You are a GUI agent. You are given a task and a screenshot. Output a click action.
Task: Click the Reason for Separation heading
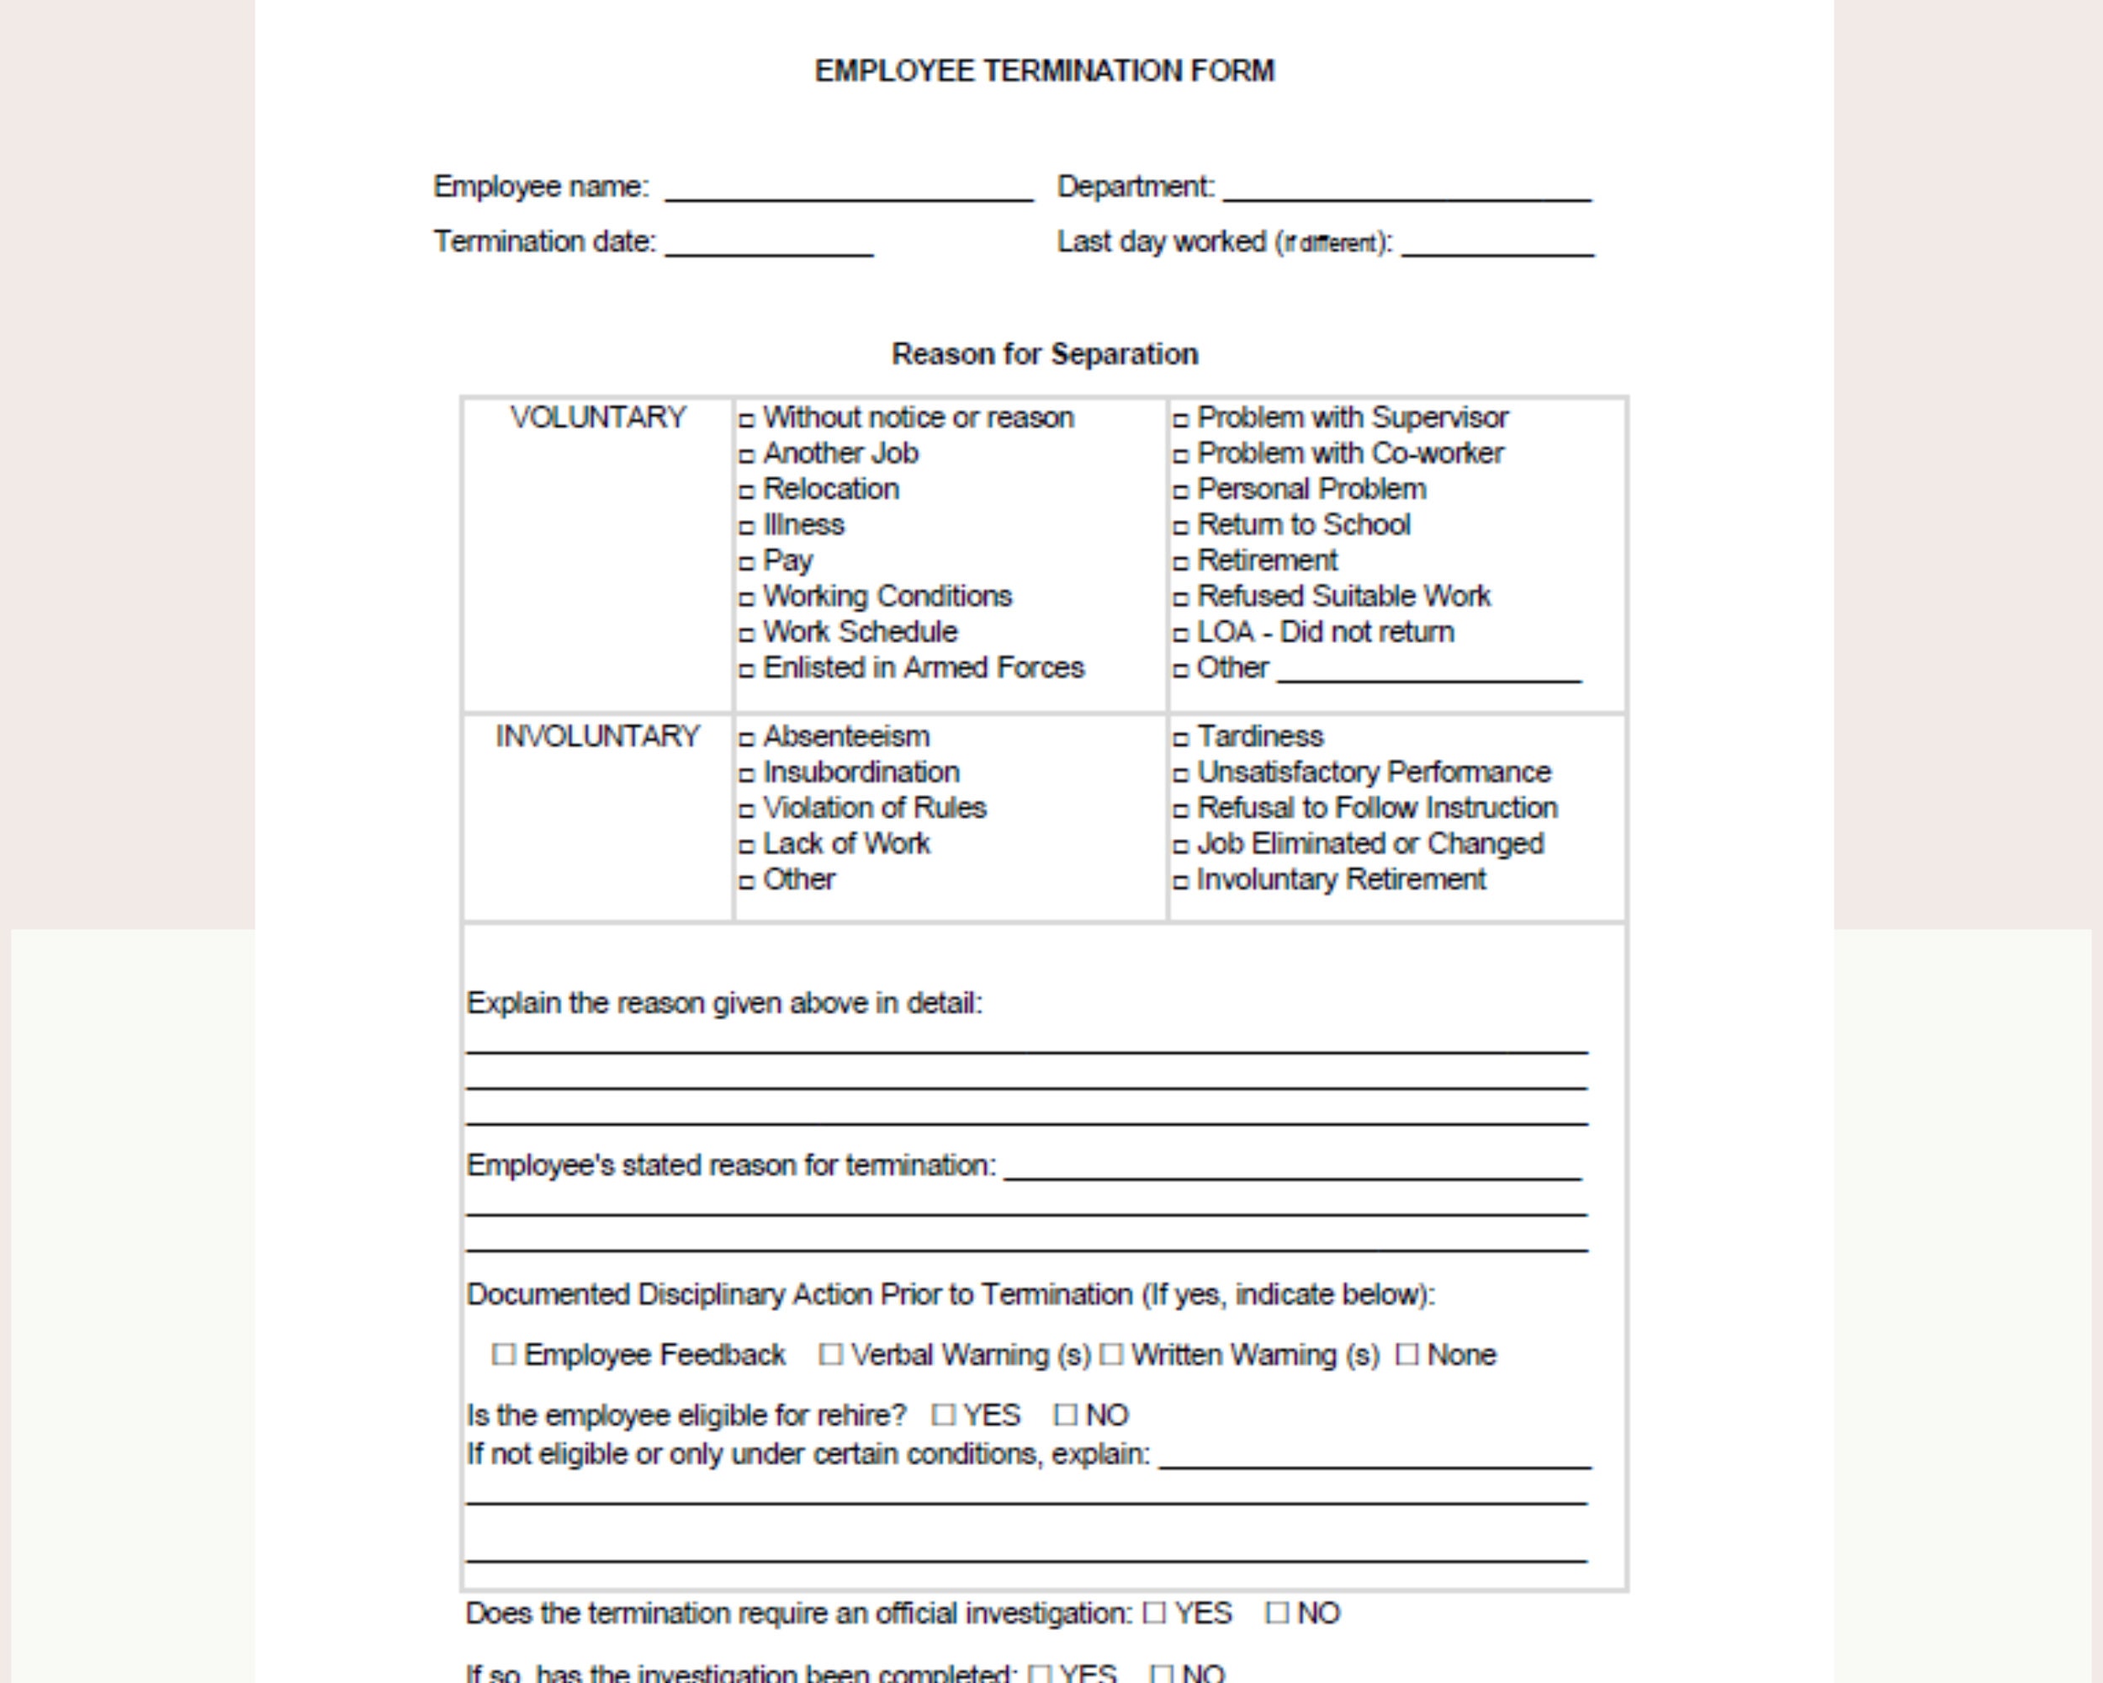[1044, 354]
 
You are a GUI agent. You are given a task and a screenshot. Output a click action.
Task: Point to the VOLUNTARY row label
[598, 417]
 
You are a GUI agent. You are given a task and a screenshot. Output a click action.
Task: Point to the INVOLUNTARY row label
[597, 736]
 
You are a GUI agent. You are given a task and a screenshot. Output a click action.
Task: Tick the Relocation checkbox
[747, 491]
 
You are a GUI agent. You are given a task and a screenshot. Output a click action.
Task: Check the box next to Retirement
[1181, 563]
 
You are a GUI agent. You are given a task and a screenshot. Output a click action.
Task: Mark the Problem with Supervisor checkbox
[1181, 421]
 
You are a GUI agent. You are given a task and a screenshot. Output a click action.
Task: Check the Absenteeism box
[747, 740]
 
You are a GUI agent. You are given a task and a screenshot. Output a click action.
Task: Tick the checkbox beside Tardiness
[1181, 740]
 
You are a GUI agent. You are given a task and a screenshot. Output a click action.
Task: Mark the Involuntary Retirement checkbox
[1181, 882]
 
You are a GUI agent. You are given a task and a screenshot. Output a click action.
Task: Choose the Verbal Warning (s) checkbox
[830, 1354]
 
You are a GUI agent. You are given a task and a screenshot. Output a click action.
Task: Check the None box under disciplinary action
[1406, 1354]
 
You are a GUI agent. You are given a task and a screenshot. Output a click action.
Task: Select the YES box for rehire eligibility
[943, 1415]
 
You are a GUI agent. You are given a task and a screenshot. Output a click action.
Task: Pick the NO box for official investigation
[1277, 1613]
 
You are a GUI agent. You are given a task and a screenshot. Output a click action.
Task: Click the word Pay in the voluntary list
[787, 561]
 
